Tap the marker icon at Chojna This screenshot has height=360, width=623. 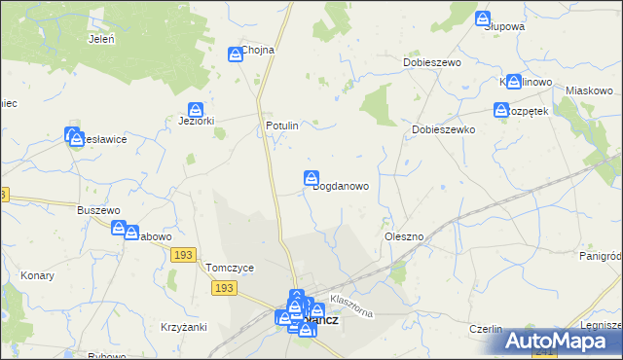(x=236, y=55)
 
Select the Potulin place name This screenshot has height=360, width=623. (x=281, y=126)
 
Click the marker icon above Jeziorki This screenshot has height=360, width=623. (x=196, y=110)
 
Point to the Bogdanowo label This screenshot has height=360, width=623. (x=340, y=187)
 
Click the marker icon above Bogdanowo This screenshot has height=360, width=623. (x=311, y=178)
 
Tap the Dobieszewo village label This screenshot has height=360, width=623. (x=431, y=62)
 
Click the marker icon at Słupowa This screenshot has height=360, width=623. (x=483, y=18)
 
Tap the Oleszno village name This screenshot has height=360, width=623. (x=403, y=236)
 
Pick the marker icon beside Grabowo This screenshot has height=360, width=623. (x=119, y=229)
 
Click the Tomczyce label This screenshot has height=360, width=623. (x=230, y=269)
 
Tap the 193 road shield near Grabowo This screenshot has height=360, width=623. (x=181, y=254)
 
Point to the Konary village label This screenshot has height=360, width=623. (x=37, y=275)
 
